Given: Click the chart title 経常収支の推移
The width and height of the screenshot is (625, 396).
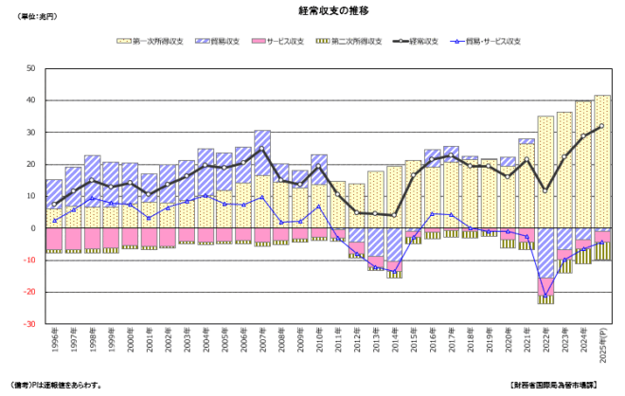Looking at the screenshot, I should coord(313,10).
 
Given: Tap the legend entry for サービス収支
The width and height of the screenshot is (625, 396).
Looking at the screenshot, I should coord(284,42).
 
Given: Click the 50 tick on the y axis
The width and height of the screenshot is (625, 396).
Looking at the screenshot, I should coord(30,68).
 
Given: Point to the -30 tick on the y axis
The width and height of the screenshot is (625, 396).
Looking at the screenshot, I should coord(29,324).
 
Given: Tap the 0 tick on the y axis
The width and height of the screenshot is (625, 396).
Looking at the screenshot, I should coord(33,228).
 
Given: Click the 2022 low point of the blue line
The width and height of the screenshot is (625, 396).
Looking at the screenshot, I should coord(545,296).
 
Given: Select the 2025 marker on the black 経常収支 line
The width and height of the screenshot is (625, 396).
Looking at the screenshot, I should coord(601,126).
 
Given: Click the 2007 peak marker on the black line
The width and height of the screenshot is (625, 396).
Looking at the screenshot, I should coord(262,149).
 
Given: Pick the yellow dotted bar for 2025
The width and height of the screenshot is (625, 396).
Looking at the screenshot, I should coord(601,161).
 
